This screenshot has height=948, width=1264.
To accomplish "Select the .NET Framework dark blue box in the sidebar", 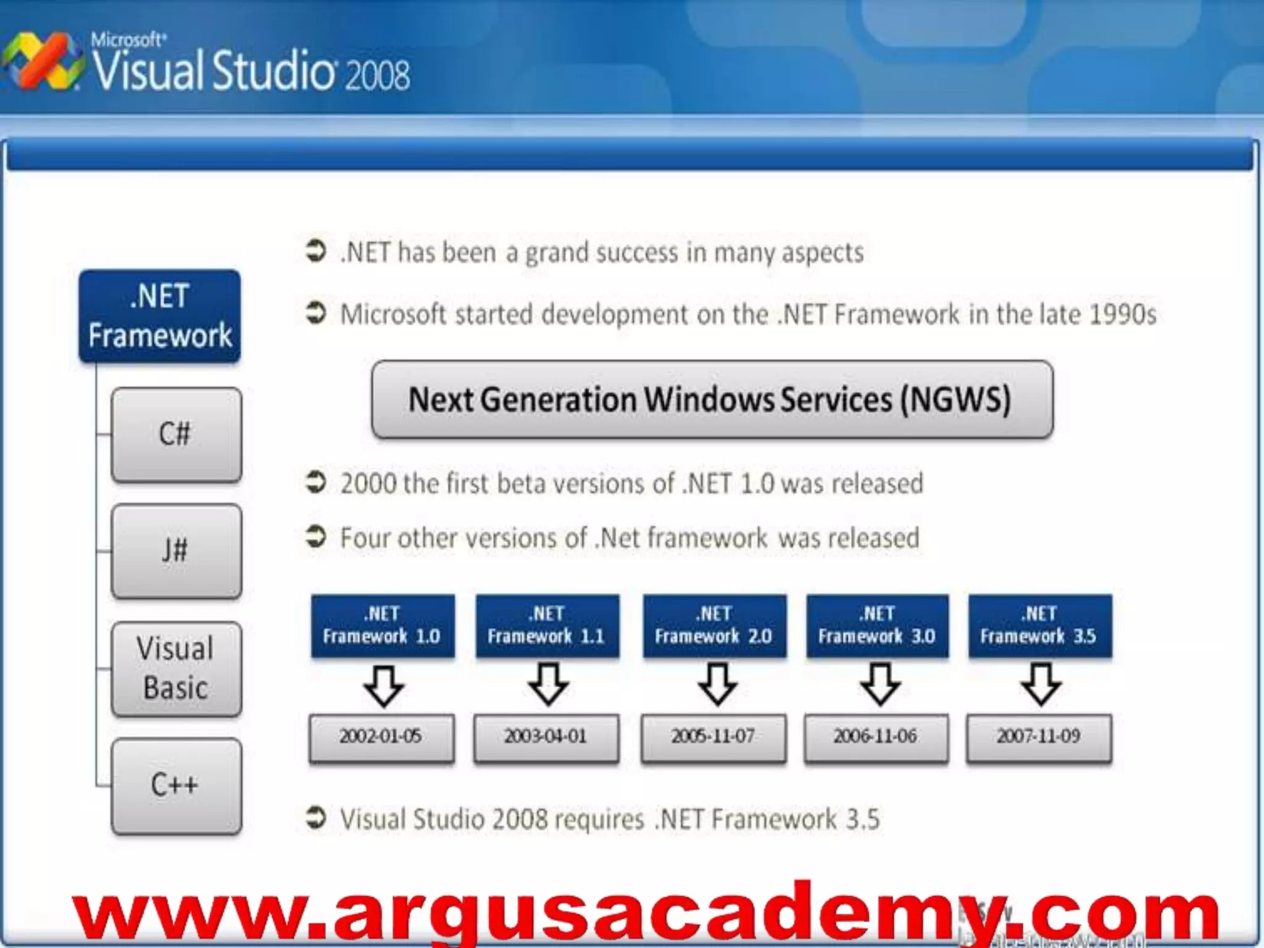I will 160,316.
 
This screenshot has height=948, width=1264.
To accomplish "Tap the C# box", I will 176,434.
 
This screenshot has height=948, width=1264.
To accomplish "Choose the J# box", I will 176,551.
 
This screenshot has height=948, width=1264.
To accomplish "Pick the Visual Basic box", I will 176,668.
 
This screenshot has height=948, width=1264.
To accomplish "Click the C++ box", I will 176,786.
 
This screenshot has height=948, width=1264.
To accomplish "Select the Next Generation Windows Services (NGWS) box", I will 712,399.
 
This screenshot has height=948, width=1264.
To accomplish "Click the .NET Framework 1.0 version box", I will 382,625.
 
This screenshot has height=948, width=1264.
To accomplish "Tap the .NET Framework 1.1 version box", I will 547,625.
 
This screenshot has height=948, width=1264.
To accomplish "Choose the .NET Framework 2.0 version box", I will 714,625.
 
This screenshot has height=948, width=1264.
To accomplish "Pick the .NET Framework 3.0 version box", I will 877,625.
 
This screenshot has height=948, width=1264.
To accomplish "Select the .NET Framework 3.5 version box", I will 1039,625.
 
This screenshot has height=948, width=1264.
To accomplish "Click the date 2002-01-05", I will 381,737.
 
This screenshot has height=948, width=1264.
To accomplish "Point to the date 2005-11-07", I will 713,737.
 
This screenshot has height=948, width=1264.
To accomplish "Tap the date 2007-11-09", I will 1039,737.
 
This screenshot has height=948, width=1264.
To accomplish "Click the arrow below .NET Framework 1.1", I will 547,685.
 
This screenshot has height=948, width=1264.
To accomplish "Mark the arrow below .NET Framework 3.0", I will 879,685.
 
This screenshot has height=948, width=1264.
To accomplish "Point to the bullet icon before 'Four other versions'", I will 316,536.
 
